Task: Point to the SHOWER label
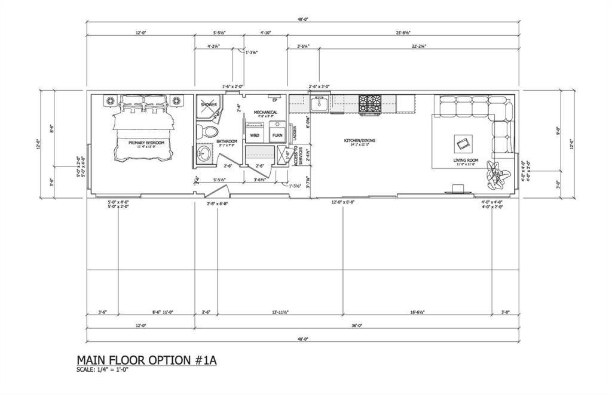pos(209,104)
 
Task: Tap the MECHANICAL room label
pos(265,112)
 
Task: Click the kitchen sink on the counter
pos(320,104)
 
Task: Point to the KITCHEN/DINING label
pos(359,141)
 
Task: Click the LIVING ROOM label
pos(466,160)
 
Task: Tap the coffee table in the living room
pos(464,143)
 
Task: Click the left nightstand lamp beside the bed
pos(111,100)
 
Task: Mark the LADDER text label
pos(295,132)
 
